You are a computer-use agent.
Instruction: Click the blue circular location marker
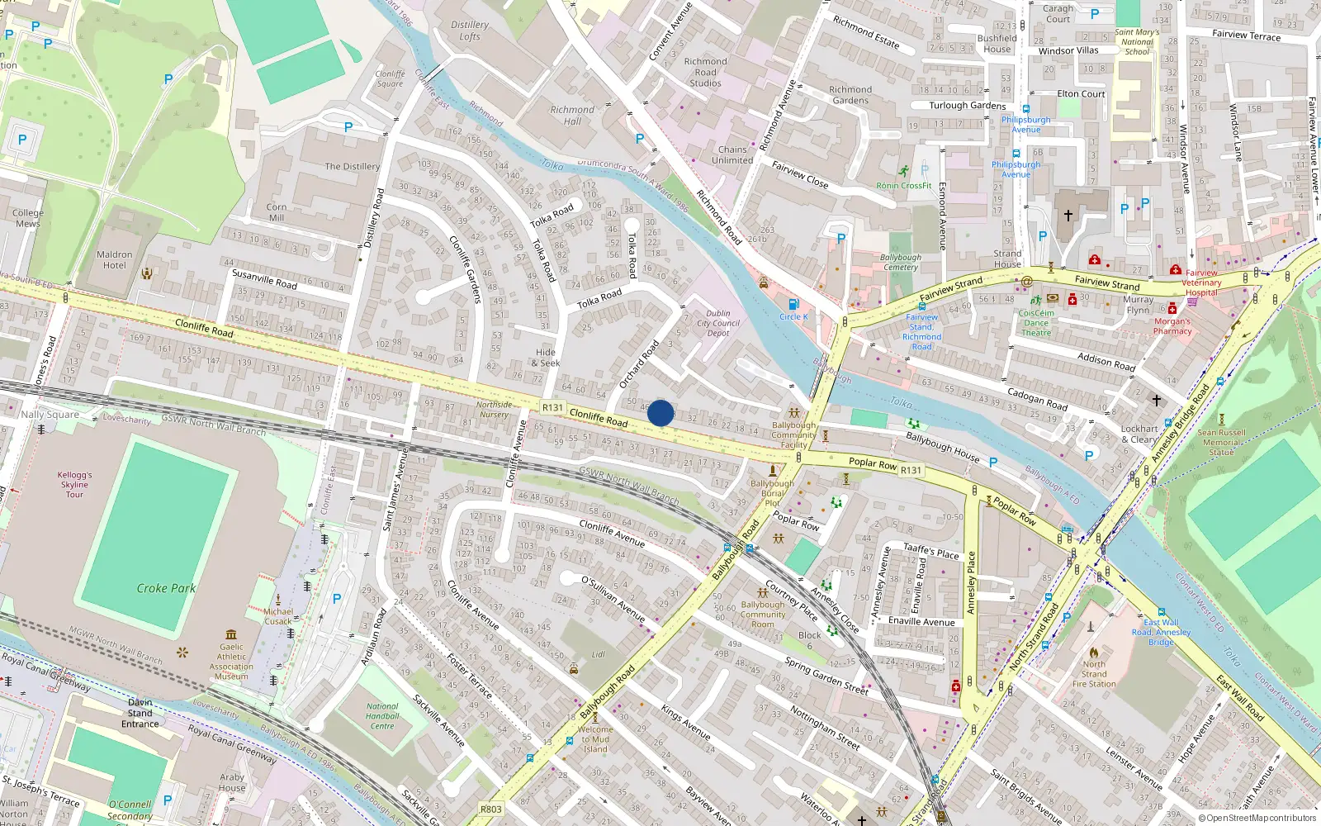point(660,413)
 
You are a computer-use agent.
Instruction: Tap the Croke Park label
point(166,588)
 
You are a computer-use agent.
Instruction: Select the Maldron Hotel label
point(114,260)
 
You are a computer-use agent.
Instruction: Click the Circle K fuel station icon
point(793,304)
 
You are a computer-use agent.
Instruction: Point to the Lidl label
point(598,654)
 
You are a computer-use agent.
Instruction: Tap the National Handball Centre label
point(382,716)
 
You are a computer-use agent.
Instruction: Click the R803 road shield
point(490,809)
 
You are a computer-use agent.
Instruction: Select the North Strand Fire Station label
point(1094,674)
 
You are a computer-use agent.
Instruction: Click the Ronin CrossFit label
point(903,186)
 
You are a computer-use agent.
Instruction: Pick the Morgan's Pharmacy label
point(1172,326)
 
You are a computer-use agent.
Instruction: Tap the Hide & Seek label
point(546,358)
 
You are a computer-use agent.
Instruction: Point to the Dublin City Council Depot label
point(718,323)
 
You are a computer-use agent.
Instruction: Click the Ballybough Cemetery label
point(900,263)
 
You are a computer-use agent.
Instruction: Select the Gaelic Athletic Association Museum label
point(231,662)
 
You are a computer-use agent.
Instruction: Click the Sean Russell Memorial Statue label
point(1221,442)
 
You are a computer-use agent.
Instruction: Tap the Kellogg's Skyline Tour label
point(74,485)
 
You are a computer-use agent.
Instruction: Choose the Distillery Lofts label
point(470,31)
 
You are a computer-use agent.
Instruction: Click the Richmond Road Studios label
point(705,72)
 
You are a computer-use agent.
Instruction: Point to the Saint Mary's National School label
point(1137,42)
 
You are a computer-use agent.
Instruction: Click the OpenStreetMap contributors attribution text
point(1257,819)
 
